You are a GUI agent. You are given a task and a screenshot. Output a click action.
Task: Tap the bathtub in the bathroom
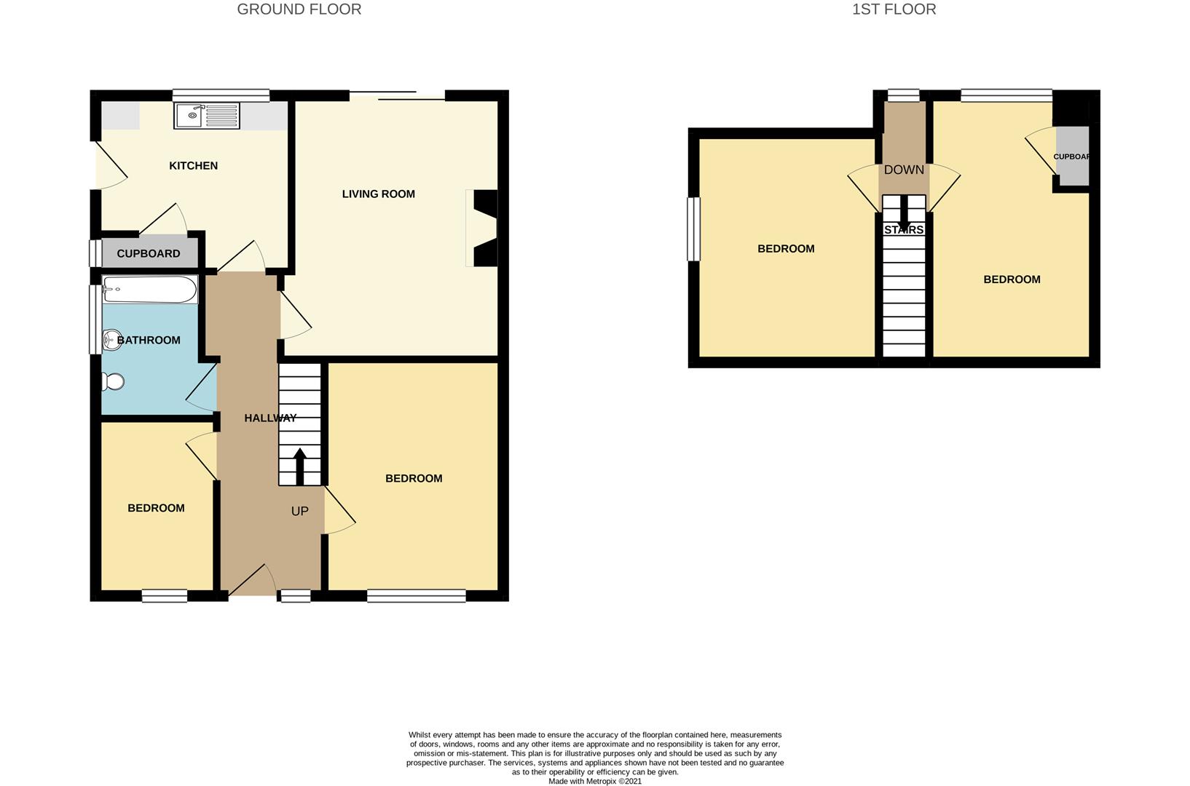click(x=150, y=289)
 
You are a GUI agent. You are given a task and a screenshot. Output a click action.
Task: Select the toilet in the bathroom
click(x=113, y=381)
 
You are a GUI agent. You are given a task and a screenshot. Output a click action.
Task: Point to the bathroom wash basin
click(x=111, y=340)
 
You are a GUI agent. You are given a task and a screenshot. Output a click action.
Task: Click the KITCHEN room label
click(x=194, y=166)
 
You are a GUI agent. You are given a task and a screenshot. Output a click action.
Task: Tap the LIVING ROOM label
click(x=378, y=194)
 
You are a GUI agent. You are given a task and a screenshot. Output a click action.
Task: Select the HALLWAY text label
click(x=270, y=418)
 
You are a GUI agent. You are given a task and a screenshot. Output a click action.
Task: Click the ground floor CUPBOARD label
click(x=149, y=254)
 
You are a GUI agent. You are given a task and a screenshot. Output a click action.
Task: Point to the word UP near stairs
click(x=299, y=511)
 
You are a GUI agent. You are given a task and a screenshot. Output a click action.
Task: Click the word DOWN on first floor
click(x=904, y=170)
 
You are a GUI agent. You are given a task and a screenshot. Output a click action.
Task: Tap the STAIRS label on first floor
click(x=904, y=230)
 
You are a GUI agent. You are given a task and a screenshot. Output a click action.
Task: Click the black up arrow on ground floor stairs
click(x=299, y=467)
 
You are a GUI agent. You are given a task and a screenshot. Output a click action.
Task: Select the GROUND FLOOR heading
click(x=299, y=9)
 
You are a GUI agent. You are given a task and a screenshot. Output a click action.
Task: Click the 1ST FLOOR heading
click(x=894, y=9)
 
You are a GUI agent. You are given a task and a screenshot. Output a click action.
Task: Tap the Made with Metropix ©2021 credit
click(x=595, y=781)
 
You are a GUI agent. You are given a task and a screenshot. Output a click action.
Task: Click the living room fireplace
click(x=484, y=228)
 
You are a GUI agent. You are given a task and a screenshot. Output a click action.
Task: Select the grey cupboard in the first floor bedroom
click(x=1072, y=156)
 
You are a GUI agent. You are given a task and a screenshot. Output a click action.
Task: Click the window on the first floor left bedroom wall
click(x=694, y=229)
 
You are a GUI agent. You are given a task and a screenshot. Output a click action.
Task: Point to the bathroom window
click(x=95, y=319)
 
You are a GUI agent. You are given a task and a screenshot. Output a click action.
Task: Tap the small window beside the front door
click(x=296, y=596)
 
